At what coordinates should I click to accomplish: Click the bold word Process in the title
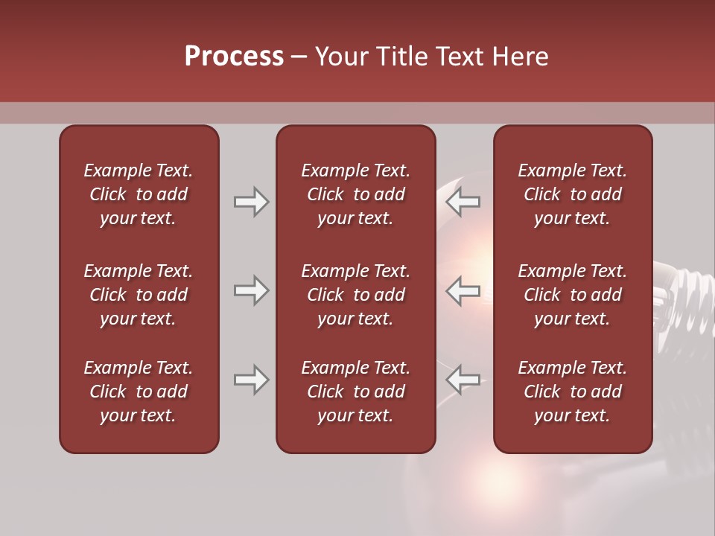234,57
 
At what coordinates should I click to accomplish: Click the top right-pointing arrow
251,202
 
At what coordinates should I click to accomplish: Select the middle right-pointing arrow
251,290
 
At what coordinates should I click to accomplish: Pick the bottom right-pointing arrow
251,380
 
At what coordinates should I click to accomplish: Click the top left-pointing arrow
463,202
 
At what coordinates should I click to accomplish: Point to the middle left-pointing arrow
463,290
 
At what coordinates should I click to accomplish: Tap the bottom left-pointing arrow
463,380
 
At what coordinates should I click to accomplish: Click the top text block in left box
139,194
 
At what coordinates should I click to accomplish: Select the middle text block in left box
139,295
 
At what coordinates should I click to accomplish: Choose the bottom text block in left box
139,392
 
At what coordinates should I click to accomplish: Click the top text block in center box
355,194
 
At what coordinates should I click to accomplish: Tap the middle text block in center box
355,295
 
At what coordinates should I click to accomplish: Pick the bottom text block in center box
355,392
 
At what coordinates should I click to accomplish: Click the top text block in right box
572,194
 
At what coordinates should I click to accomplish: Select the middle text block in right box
572,295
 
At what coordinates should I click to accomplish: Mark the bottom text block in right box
572,392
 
